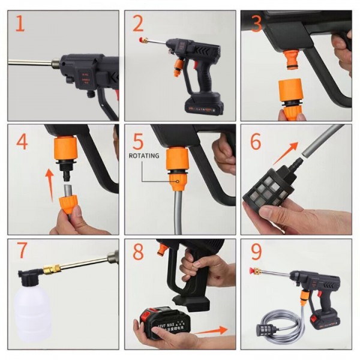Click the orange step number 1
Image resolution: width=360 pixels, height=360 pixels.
(x=20, y=25)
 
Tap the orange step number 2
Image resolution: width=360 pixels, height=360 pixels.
(x=138, y=24)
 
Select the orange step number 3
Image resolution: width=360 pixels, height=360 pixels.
(x=257, y=25)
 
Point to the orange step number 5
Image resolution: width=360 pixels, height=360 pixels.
(x=138, y=142)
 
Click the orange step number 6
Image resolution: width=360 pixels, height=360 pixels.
(x=256, y=142)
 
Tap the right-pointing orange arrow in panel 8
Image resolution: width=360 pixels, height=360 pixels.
(x=211, y=329)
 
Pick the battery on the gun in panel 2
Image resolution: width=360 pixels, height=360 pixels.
(x=204, y=107)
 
